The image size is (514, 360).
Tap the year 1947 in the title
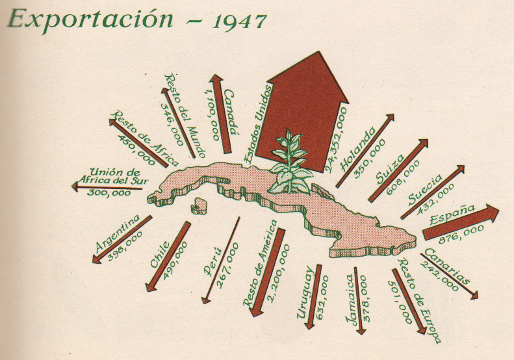pyautogui.click(x=239, y=21)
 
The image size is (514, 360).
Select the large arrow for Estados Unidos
pyautogui.click(x=298, y=110)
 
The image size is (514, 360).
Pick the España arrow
pyautogui.click(x=461, y=222)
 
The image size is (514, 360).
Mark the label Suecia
pyautogui.click(x=427, y=188)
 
